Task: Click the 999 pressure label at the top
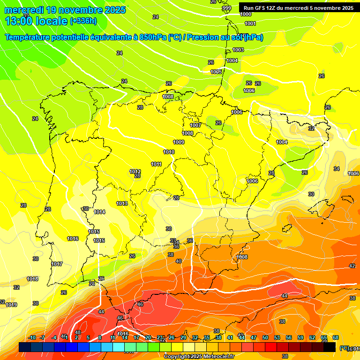(x=226, y=8)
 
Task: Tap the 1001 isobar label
(x=250, y=23)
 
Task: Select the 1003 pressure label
(x=238, y=50)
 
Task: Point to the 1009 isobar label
(x=179, y=142)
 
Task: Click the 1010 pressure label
(x=169, y=152)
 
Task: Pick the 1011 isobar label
(x=156, y=164)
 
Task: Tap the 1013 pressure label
(x=122, y=203)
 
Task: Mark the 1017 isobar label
(x=57, y=264)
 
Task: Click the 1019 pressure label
(x=12, y=305)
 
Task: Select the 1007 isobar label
(x=195, y=125)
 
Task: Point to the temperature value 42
(x=352, y=266)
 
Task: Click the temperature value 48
(x=78, y=332)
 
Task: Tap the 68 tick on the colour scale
(x=336, y=337)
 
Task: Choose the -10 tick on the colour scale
(x=32, y=337)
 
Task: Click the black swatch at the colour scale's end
(x=330, y=347)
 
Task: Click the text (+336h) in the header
(x=83, y=21)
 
